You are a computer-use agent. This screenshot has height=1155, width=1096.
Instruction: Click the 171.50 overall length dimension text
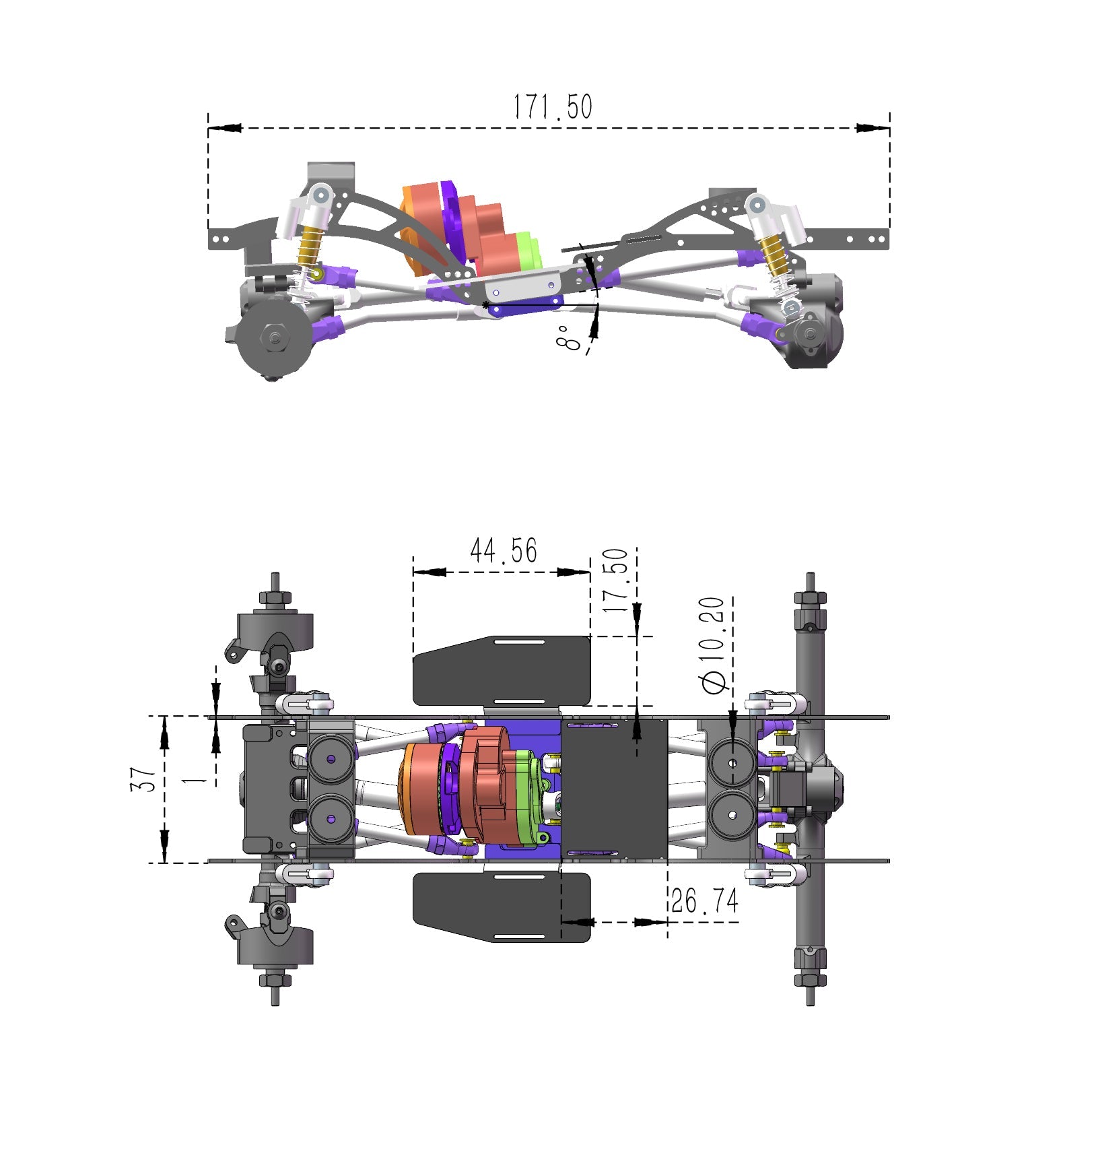(552, 107)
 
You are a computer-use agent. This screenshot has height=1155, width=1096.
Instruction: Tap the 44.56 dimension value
(503, 550)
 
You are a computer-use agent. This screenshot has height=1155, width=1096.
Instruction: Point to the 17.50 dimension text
(616, 580)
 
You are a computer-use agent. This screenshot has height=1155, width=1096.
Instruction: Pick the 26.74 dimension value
(704, 901)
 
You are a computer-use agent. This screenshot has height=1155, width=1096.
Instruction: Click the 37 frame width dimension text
(143, 779)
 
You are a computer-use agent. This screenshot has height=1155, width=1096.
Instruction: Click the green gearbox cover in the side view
(529, 250)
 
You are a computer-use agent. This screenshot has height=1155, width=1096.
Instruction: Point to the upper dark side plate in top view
(502, 670)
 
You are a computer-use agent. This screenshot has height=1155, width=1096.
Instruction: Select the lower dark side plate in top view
(502, 906)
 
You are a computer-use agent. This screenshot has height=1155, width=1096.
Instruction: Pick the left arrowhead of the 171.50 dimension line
(226, 127)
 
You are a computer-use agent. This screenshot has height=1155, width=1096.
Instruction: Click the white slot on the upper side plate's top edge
(520, 642)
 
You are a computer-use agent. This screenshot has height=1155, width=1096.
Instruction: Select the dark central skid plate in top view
(614, 788)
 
